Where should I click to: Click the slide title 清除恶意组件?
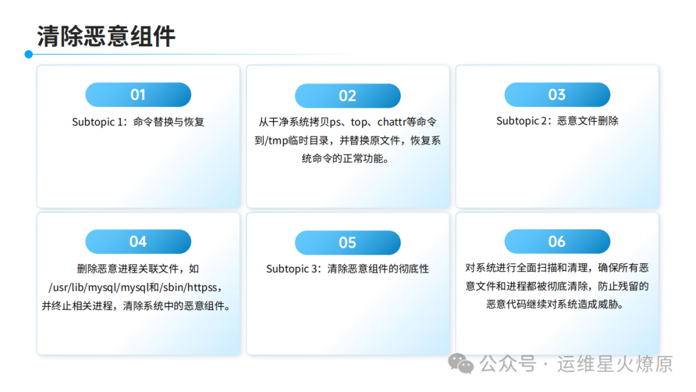[106, 36]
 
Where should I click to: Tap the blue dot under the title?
[29, 54]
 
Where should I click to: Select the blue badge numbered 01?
[138, 95]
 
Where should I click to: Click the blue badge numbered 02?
[347, 96]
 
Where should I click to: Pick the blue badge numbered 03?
[557, 95]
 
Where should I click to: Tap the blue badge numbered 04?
[138, 242]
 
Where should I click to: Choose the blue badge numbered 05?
[347, 242]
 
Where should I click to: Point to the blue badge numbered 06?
[557, 242]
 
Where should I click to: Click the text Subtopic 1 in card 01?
[99, 122]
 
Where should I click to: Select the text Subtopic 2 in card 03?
[524, 121]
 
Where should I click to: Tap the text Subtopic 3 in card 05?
[293, 269]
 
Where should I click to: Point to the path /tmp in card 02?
[277, 141]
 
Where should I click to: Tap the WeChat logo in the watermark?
[461, 364]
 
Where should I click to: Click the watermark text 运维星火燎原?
[615, 364]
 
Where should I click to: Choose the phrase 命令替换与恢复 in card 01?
[169, 122]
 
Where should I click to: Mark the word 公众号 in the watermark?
[508, 364]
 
